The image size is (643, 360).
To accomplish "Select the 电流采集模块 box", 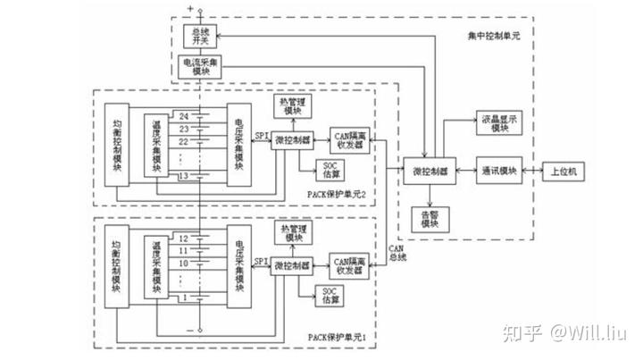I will [198, 68].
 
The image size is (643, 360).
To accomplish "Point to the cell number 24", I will [183, 115].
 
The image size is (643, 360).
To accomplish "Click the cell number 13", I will [183, 176].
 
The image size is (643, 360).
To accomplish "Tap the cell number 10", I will [183, 264].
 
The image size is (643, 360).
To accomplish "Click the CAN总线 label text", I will [398, 253].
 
